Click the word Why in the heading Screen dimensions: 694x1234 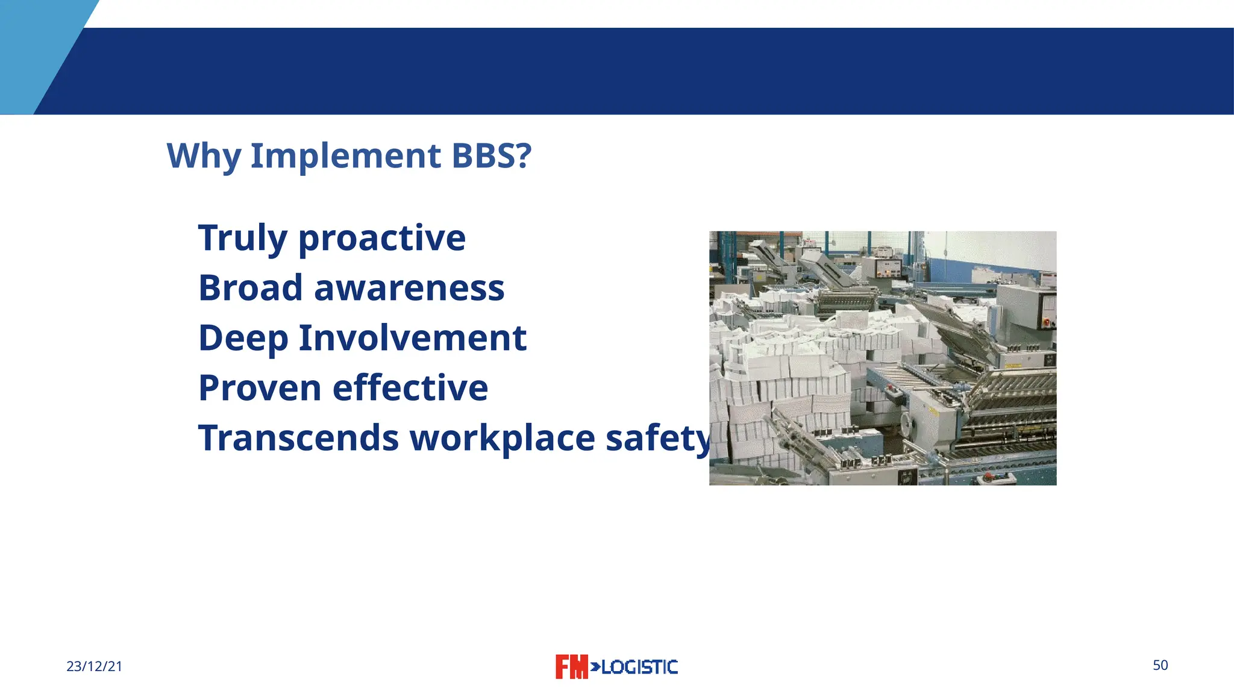[x=204, y=156]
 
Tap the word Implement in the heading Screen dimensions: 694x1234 [x=346, y=156]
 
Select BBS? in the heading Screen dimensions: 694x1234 [x=492, y=156]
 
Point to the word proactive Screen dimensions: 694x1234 [x=382, y=238]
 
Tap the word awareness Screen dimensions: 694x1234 [x=409, y=288]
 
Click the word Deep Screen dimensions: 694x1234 [x=243, y=338]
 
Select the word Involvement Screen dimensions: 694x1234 [x=413, y=338]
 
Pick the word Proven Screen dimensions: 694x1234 [x=260, y=388]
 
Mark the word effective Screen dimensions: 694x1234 [x=410, y=388]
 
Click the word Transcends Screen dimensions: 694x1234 [x=298, y=438]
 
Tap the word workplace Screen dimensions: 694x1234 [x=503, y=438]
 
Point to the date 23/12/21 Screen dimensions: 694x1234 [x=94, y=666]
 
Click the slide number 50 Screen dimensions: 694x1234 [x=1160, y=665]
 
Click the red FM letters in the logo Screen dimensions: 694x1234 [x=571, y=667]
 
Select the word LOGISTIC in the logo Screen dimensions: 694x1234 [x=639, y=667]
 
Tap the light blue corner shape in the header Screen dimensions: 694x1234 [x=36, y=54]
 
